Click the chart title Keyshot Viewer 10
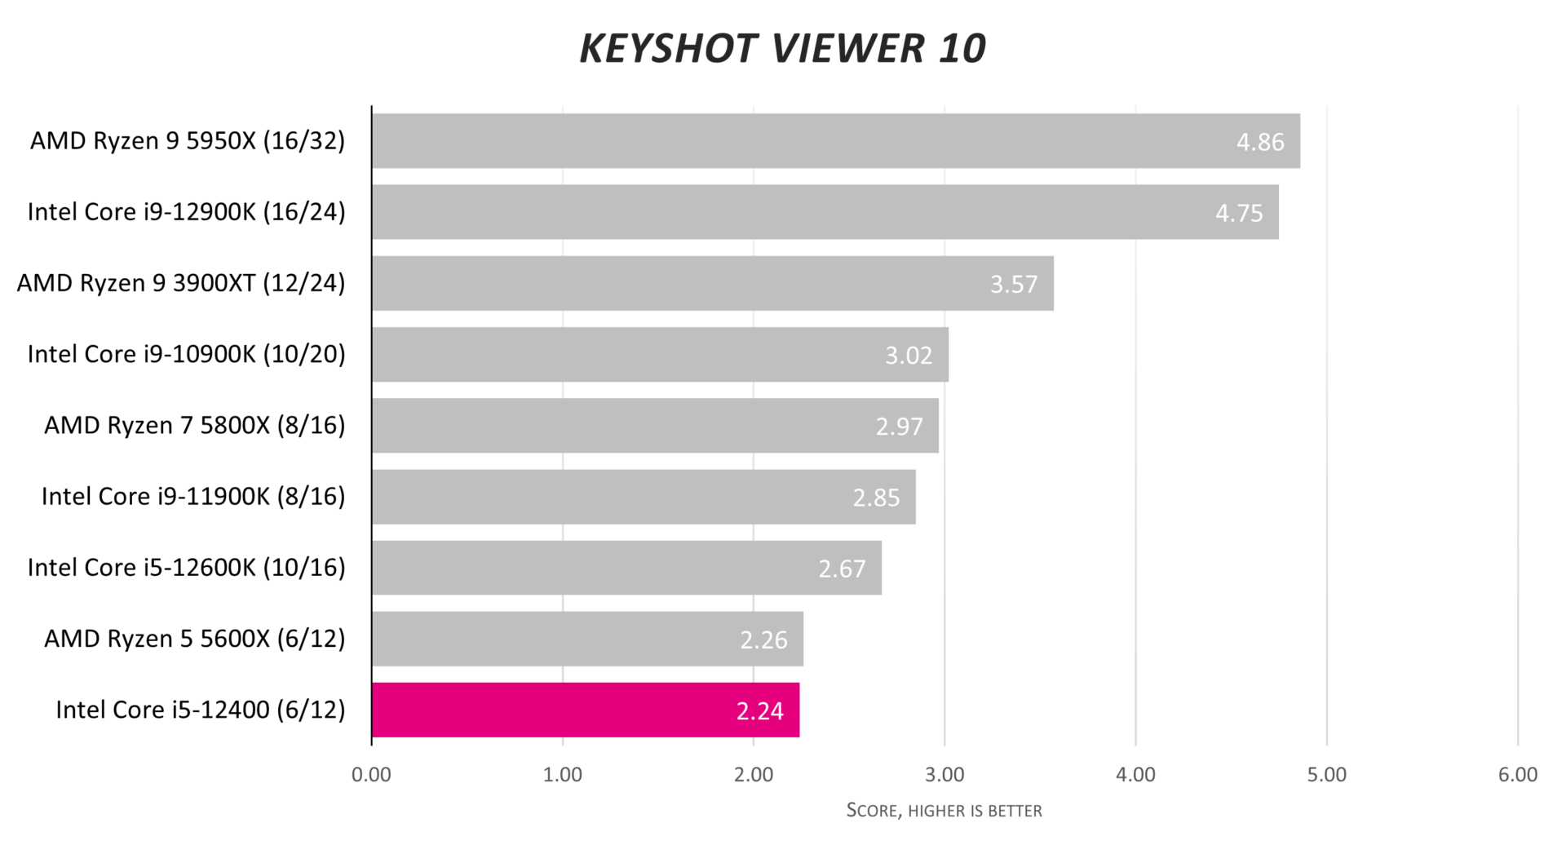coord(782,48)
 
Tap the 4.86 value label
coord(1259,142)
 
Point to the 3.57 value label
coord(1013,284)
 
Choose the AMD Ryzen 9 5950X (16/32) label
coord(188,141)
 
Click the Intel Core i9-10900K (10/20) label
coord(186,354)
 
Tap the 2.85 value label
coord(876,498)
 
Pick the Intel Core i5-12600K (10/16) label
coord(186,568)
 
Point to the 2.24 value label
coord(759,711)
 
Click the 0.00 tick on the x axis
coord(371,775)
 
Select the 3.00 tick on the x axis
coord(944,775)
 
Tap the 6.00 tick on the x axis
coord(1517,775)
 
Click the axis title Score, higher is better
coord(944,810)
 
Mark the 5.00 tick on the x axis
coord(1326,775)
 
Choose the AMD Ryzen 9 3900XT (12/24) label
coord(181,283)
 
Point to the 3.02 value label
coord(908,356)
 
